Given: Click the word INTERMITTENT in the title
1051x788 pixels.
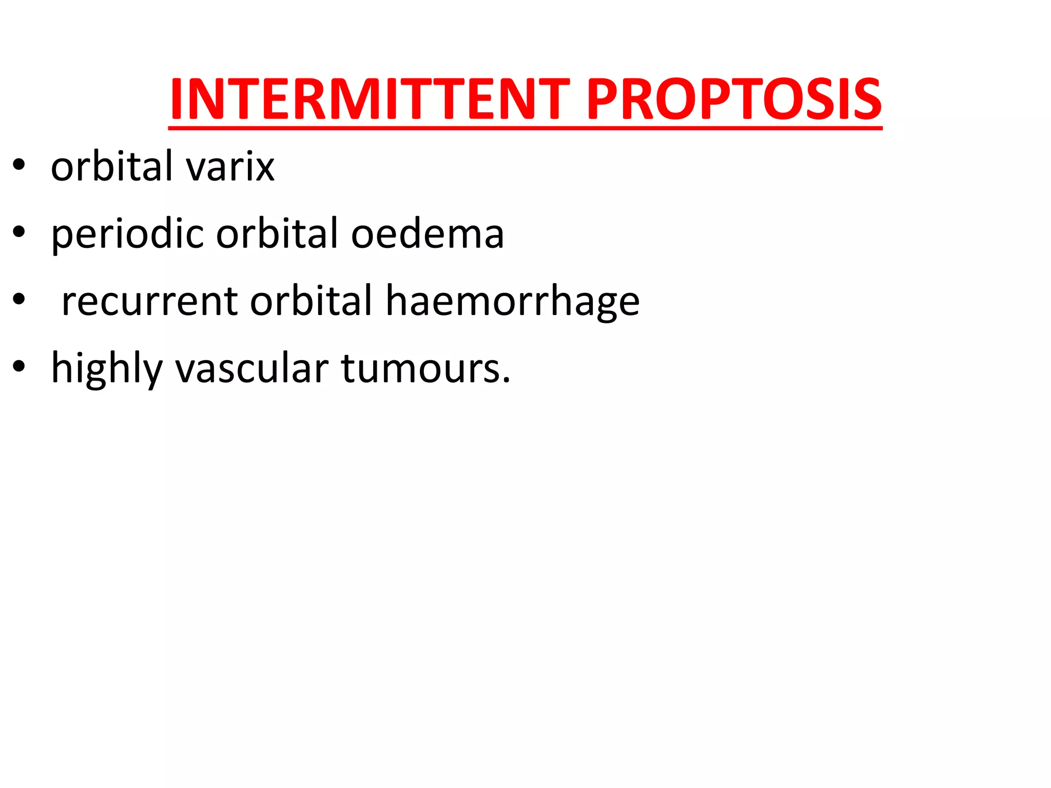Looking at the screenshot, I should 369,100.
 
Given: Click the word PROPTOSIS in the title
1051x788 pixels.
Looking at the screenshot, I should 733,100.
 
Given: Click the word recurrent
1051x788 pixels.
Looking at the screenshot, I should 149,302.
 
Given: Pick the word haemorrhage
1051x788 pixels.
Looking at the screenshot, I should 512,302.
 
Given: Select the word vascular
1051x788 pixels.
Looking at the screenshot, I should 252,368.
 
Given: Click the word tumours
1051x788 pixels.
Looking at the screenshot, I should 420,368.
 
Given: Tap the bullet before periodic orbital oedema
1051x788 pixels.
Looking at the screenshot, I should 19,233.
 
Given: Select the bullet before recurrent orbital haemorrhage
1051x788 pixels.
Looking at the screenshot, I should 19,300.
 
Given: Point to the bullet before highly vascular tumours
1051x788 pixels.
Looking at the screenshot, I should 19,367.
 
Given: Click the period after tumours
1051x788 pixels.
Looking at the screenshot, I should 506,380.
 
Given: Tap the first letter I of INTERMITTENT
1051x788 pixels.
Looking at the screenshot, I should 177,100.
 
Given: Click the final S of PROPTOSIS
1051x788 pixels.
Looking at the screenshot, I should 868,100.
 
